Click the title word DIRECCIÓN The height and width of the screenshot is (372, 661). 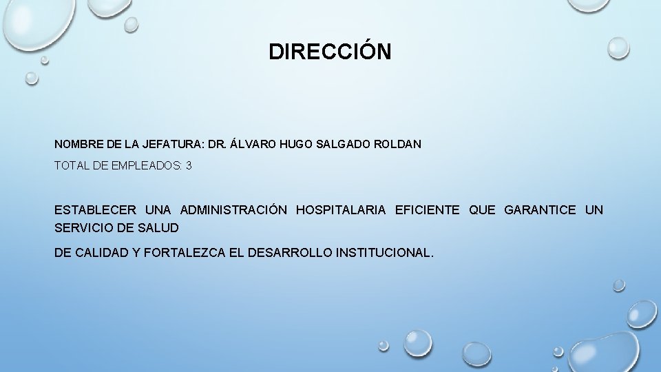coord(330,52)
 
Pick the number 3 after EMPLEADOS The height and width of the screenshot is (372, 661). coord(189,166)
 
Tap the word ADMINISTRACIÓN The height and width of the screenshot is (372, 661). coord(233,210)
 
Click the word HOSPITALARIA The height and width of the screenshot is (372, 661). coord(341,210)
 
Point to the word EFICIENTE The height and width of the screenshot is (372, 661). coord(427,210)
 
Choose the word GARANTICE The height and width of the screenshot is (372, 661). coord(540,210)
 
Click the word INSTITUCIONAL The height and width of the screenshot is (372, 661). coord(385,253)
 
